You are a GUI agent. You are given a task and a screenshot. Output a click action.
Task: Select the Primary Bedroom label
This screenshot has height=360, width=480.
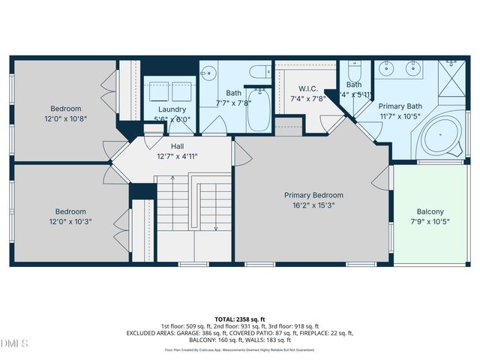tap(313, 195)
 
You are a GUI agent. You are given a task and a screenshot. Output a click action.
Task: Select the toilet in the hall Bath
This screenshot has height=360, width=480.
tap(260, 74)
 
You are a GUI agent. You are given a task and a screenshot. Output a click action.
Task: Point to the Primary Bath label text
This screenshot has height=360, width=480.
tap(400, 106)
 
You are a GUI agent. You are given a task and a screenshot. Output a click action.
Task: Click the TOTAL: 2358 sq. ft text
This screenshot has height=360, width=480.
tap(240, 319)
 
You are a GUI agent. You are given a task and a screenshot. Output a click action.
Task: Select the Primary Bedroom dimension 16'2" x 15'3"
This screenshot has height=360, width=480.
tap(313, 205)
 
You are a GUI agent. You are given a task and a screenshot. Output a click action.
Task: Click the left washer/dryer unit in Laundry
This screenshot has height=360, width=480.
tap(160, 91)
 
